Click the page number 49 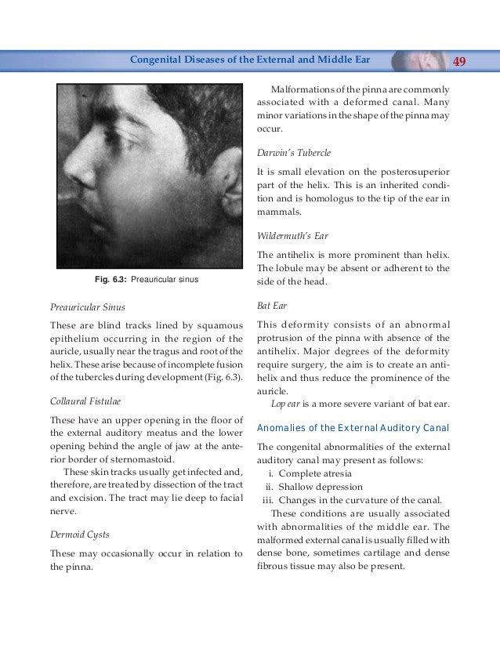pos(461,60)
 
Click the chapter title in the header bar pos(249,60)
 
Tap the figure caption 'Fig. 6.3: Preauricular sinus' pos(147,278)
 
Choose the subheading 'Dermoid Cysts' pos(79,535)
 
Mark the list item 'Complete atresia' pos(315,473)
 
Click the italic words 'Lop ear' pos(285,404)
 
